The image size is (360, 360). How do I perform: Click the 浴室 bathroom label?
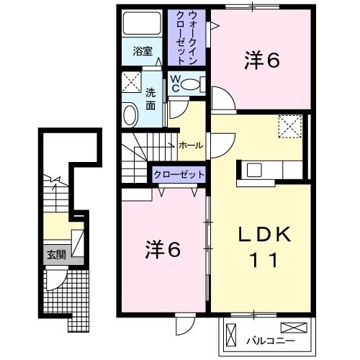tap(143, 51)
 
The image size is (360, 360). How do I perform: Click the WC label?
tap(176, 83)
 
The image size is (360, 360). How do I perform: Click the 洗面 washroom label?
tap(150, 99)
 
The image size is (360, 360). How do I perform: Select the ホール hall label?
tap(190, 145)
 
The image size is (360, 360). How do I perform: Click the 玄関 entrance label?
tap(55, 253)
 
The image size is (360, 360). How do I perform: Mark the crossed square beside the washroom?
tap(130, 81)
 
